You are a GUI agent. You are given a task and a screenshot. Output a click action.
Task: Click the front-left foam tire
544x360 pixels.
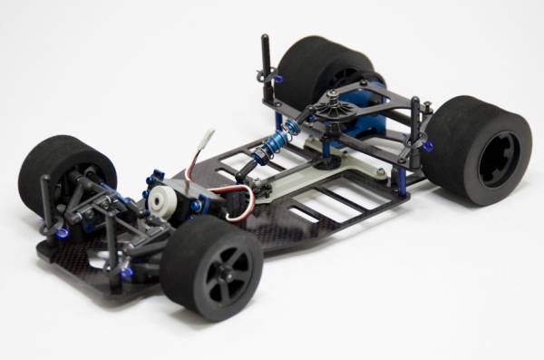(x=63, y=172)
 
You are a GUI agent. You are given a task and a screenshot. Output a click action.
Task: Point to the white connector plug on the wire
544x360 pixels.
(x=206, y=140)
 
